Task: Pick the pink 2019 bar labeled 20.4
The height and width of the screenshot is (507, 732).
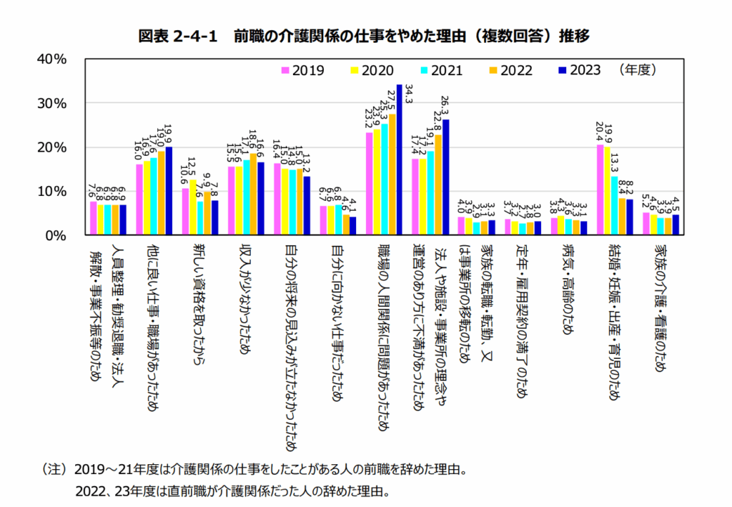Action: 600,189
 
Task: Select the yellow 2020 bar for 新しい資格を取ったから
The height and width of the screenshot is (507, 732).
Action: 193,207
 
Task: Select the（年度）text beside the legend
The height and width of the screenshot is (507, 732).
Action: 638,70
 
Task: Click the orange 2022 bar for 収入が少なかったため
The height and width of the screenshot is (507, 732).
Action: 254,194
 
